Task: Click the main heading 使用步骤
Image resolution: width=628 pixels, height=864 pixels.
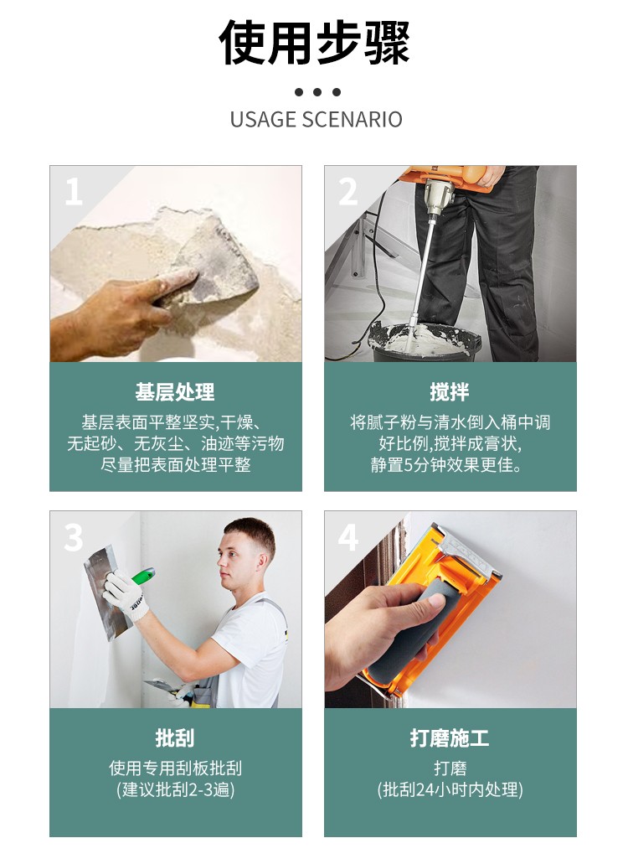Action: point(314,43)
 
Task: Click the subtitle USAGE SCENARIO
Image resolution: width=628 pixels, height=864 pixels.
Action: point(316,120)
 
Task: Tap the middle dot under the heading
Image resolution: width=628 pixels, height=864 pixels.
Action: point(317,92)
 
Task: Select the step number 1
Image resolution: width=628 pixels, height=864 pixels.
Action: point(73,192)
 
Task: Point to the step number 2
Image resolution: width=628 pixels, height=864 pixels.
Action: point(347,192)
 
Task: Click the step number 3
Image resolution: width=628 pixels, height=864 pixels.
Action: point(73,537)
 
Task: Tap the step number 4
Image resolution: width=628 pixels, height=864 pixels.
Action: point(348,537)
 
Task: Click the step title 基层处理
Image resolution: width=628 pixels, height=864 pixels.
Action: point(175,392)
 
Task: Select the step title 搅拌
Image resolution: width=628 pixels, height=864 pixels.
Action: point(450,392)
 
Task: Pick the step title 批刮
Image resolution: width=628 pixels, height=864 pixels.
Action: point(175,737)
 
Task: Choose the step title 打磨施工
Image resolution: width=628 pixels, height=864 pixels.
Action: point(450,737)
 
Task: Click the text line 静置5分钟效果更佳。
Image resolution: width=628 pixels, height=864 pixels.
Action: point(446,465)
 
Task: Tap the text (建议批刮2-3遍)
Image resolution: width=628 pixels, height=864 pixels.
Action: point(176,789)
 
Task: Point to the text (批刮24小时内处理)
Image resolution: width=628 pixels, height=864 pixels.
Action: point(450,789)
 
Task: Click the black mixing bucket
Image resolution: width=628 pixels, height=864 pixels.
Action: point(425,343)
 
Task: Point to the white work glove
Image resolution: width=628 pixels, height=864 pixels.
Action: point(125,595)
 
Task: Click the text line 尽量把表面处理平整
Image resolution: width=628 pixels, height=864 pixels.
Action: point(176,465)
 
